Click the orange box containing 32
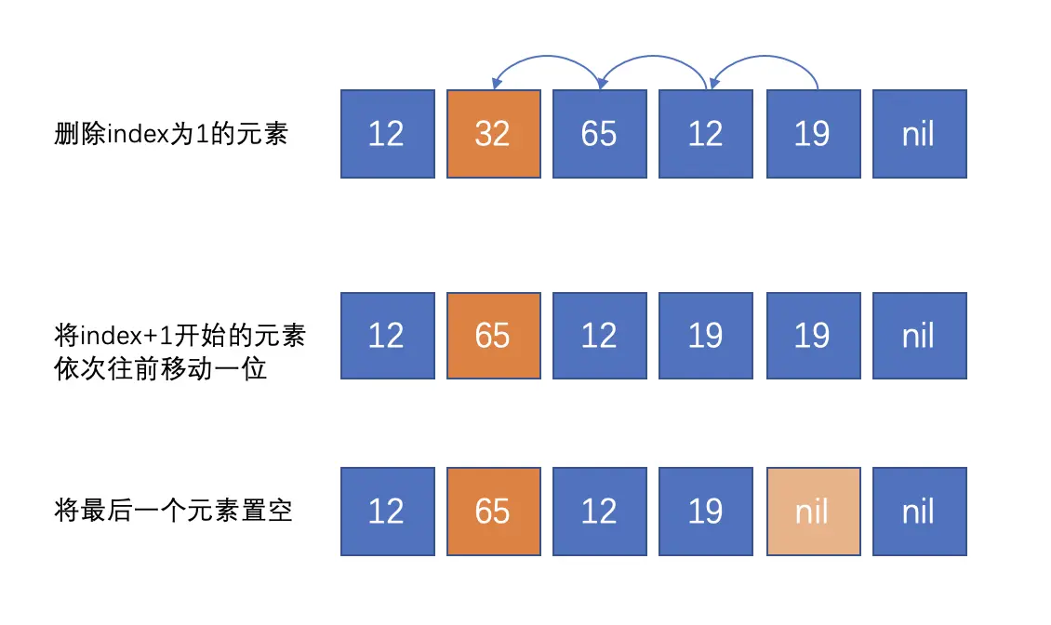[493, 134]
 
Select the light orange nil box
[813, 512]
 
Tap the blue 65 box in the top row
[599, 134]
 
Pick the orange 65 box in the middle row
[493, 336]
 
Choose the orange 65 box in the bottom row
[493, 512]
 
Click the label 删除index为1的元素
[172, 134]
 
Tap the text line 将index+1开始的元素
[180, 336]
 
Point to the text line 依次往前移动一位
[161, 368]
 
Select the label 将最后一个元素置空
[174, 511]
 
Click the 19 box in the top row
[813, 134]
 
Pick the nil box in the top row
[919, 134]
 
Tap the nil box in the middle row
[919, 336]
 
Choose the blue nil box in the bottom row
[919, 512]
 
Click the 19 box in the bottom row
[706, 512]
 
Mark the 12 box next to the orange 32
[387, 134]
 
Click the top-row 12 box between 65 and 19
[706, 134]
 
